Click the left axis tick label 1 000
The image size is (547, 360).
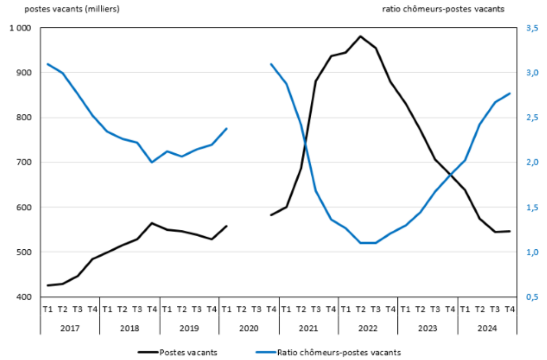tap(20, 28)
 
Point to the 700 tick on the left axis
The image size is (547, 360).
tap(25, 162)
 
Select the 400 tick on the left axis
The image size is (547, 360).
tap(25, 297)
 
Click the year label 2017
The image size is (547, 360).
tap(70, 329)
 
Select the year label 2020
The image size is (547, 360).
tap(249, 329)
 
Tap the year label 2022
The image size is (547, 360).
tap(368, 329)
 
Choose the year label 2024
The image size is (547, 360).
tap(487, 329)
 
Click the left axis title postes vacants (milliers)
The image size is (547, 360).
tap(65, 9)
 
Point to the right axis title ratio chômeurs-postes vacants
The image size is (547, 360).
tap(443, 9)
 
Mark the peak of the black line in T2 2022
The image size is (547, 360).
tap(360, 36)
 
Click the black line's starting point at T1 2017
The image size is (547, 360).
tap(48, 285)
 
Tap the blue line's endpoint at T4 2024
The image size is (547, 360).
tap(509, 93)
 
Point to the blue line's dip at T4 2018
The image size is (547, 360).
tap(152, 162)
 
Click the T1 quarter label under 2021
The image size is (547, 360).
tap(286, 309)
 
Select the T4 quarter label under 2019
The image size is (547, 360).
tap(212, 309)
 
